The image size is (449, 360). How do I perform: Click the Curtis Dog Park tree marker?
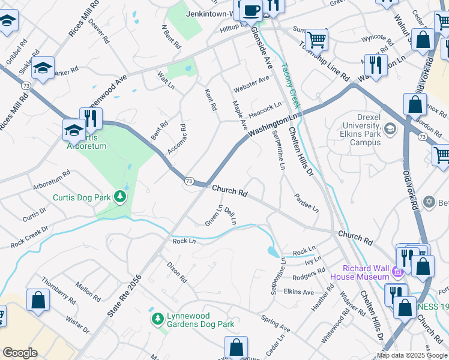pos(120,197)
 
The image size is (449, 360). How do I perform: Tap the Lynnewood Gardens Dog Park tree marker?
pos(157,318)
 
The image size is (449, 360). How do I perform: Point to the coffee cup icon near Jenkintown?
pos(252,9)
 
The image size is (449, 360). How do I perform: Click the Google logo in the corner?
pos(20,353)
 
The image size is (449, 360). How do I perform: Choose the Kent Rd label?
pos(210,98)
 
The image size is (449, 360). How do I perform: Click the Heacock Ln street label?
pos(265,107)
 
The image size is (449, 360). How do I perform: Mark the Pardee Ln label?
pos(306,202)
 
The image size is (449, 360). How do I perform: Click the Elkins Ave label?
pos(298,292)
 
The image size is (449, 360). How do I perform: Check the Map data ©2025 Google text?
pos(412,355)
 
